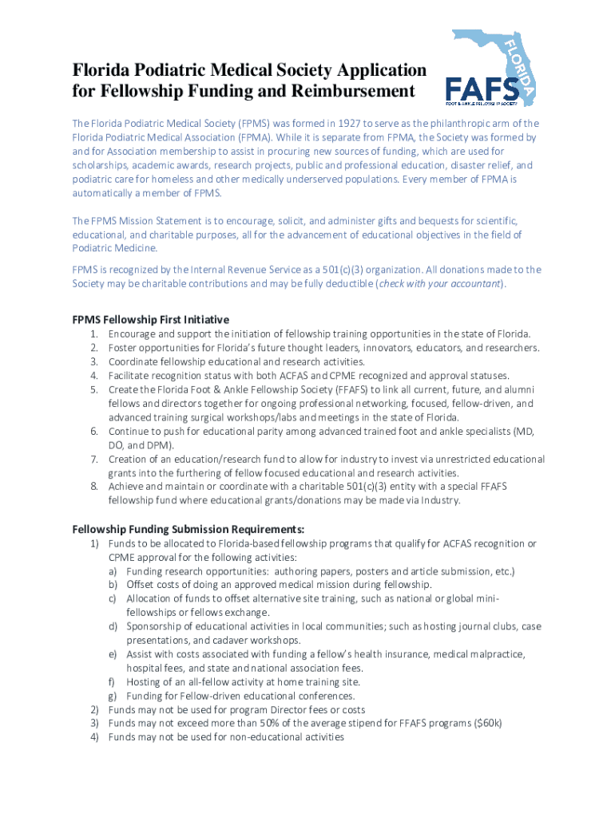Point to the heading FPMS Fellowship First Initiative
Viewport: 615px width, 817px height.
pos(151,319)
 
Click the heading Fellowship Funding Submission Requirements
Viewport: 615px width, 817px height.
pos(188,529)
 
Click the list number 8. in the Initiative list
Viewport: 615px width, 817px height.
pos(93,487)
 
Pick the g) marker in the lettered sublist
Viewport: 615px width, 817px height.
pos(113,696)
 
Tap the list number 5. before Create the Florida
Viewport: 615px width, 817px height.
pos(93,389)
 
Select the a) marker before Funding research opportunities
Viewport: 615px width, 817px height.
pos(113,571)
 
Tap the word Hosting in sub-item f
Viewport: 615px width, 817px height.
pos(144,681)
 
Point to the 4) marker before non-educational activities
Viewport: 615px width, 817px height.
pos(93,737)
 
